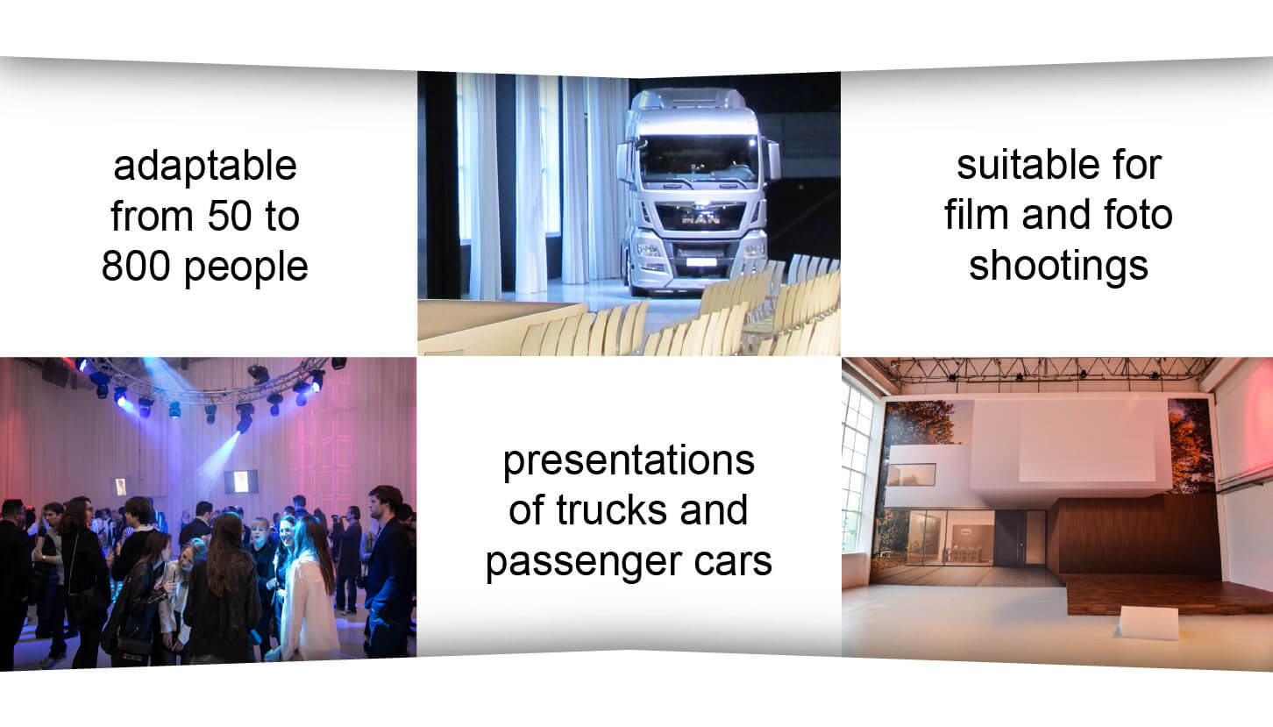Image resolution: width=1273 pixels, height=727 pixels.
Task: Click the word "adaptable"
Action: (205, 166)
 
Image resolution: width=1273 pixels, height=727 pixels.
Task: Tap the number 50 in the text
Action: (230, 217)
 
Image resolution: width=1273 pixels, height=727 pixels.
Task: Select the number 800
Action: (136, 266)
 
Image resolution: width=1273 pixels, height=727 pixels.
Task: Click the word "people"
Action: (246, 268)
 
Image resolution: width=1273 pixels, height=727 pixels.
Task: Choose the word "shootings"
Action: (1059, 267)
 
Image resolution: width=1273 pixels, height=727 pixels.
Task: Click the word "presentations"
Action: (629, 461)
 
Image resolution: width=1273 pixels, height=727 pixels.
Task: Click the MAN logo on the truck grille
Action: (701, 218)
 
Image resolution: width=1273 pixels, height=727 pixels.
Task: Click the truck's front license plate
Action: (701, 262)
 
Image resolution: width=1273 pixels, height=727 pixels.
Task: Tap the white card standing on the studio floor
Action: (1147, 623)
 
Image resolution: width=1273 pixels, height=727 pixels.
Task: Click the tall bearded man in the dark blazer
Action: (388, 571)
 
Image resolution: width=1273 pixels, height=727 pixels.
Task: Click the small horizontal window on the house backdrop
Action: (912, 475)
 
